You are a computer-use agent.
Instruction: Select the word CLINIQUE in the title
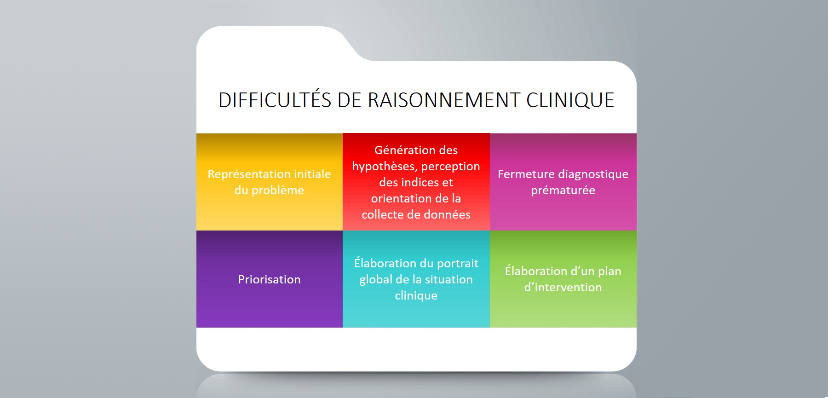570,100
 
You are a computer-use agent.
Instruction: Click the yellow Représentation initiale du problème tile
270,182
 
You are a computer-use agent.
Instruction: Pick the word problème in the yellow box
277,190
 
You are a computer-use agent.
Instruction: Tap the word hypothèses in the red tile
385,167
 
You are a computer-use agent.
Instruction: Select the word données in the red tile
447,214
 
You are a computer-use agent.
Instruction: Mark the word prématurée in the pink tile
563,190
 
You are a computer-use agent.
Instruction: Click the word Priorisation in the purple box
269,279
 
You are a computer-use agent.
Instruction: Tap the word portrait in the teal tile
458,264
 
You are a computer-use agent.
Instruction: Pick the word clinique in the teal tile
416,296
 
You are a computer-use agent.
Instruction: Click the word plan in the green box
609,271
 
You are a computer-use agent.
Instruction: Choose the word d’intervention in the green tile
563,288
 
